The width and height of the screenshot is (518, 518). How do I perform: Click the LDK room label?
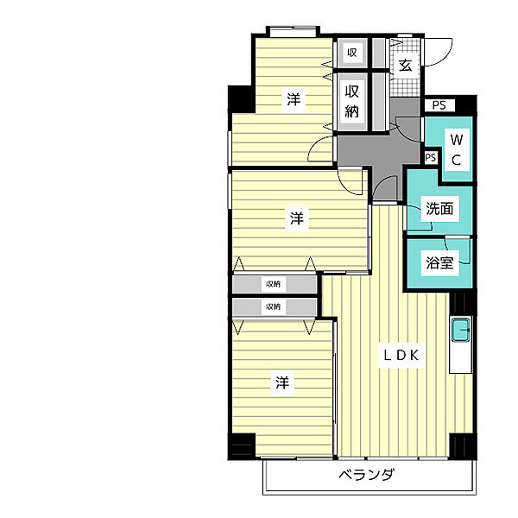pyautogui.click(x=401, y=356)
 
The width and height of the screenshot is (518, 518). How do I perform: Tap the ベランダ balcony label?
pyautogui.click(x=366, y=475)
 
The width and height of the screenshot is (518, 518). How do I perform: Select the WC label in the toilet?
pyautogui.click(x=456, y=150)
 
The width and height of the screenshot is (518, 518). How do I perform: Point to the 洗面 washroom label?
pyautogui.click(x=439, y=208)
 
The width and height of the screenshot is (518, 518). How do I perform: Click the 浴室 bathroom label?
pyautogui.click(x=439, y=263)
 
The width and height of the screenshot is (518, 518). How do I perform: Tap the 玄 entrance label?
pyautogui.click(x=405, y=66)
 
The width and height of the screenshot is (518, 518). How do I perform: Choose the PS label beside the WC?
pyautogui.click(x=431, y=158)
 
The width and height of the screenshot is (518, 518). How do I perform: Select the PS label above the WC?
pyautogui.click(x=439, y=105)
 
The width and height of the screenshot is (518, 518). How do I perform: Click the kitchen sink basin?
pyautogui.click(x=460, y=330)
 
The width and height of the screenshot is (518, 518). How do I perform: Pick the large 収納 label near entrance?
pyautogui.click(x=352, y=101)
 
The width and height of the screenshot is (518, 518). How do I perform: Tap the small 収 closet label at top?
pyautogui.click(x=352, y=52)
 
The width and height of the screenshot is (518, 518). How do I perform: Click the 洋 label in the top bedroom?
pyautogui.click(x=294, y=99)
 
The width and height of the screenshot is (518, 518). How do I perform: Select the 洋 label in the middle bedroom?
pyautogui.click(x=297, y=218)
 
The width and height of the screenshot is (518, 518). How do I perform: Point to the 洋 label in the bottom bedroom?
pyautogui.click(x=282, y=382)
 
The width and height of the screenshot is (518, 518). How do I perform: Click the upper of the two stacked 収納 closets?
pyautogui.click(x=275, y=284)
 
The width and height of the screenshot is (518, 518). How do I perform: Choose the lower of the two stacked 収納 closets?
pyautogui.click(x=275, y=307)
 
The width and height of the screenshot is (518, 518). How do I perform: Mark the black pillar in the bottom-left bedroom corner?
pyautogui.click(x=242, y=445)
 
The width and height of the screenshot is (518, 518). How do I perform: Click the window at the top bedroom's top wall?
pyautogui.click(x=293, y=32)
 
